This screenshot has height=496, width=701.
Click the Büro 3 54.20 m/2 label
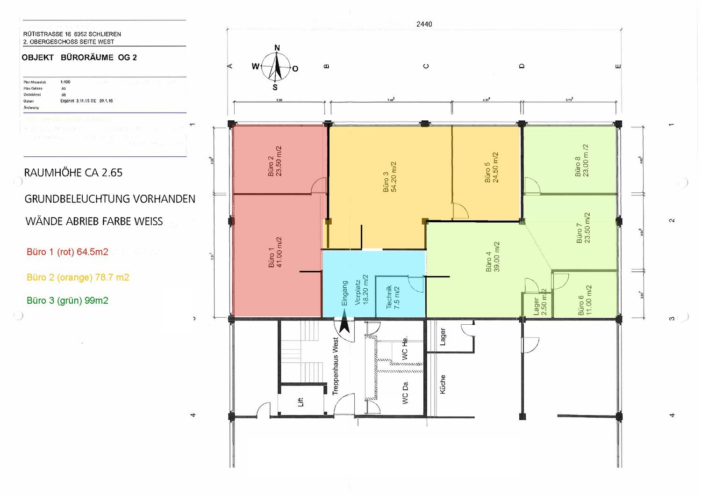coord(390,177)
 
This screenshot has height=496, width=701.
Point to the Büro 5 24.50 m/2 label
coord(491,168)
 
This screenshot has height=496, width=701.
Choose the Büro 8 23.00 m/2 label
coord(582,160)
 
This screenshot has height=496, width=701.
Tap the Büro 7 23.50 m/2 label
coord(583,228)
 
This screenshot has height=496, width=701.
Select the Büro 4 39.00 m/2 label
coord(493,257)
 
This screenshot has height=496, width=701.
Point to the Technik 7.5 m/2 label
coord(393,297)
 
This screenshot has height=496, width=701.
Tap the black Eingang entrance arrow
coord(344,324)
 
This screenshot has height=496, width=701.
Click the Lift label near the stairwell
coord(300,401)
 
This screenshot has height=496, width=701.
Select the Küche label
coord(443,384)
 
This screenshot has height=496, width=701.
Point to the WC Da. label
coord(405,392)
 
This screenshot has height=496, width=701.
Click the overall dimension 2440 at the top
coord(424,24)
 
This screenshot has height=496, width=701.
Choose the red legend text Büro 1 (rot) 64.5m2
coord(67,252)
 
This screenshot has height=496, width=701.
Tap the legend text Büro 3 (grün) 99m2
coord(67,301)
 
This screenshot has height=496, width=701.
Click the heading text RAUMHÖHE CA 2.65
coord(73,173)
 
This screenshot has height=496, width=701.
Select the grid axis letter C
coord(426,66)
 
